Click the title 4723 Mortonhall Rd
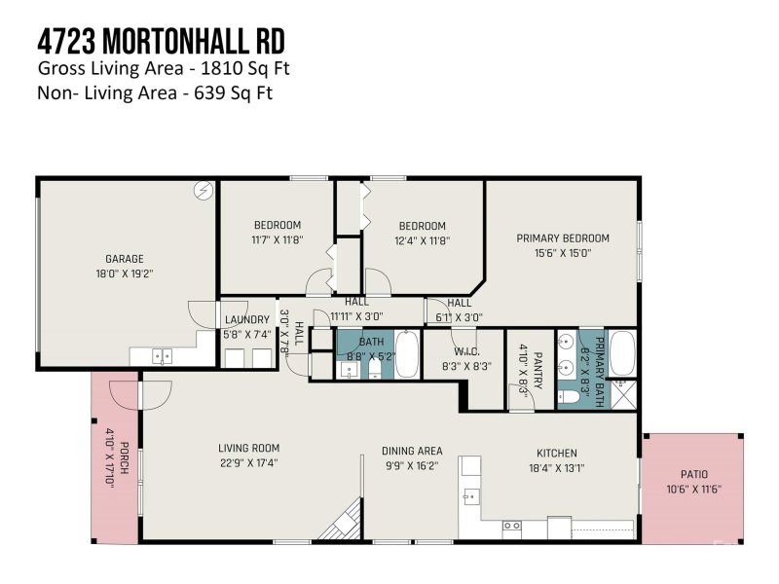pyautogui.click(x=161, y=42)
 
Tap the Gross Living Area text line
pyautogui.click(x=164, y=69)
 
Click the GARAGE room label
pyautogui.click(x=125, y=259)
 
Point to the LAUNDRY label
pyautogui.click(x=247, y=320)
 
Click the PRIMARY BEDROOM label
pyautogui.click(x=562, y=238)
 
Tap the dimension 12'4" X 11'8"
pyautogui.click(x=423, y=240)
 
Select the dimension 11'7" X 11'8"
pyautogui.click(x=278, y=240)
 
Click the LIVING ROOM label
pyautogui.click(x=248, y=449)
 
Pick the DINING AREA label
pyautogui.click(x=411, y=451)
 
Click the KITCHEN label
pyautogui.click(x=556, y=453)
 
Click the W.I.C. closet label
pyautogui.click(x=465, y=351)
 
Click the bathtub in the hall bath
pyautogui.click(x=406, y=354)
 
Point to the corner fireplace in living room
pyautogui.click(x=344, y=521)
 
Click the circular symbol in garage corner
pyautogui.click(x=204, y=191)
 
